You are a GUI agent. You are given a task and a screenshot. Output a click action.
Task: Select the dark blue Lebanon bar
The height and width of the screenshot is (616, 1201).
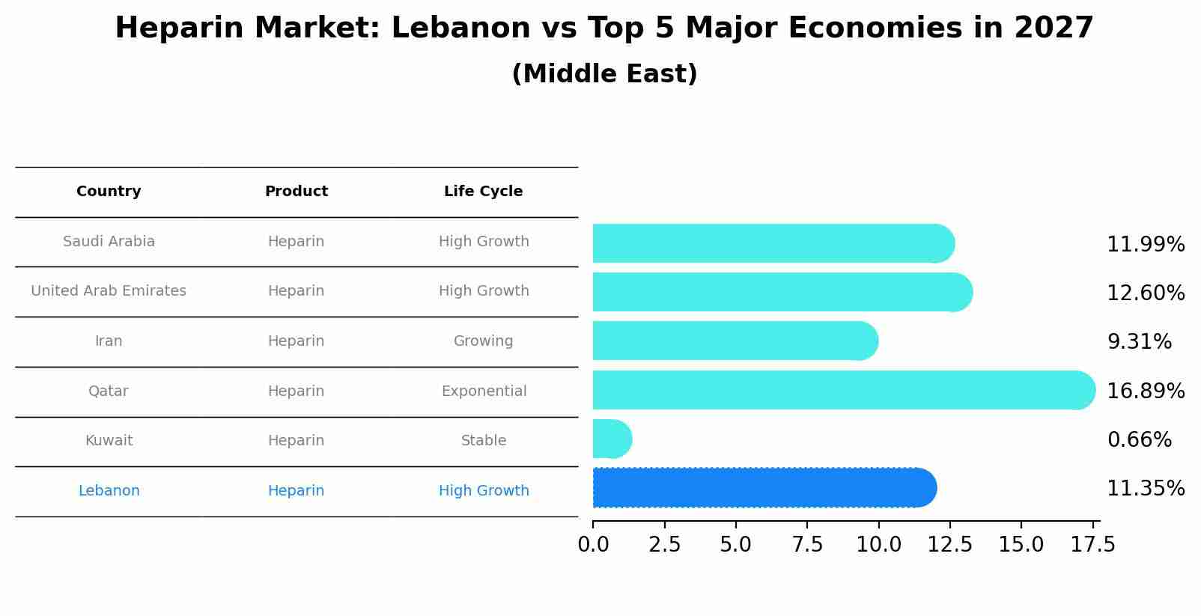click(x=764, y=488)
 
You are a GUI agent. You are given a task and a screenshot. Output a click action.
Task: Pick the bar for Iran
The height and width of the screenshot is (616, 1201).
click(x=734, y=341)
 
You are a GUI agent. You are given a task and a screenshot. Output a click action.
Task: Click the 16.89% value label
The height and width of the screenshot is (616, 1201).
click(x=1145, y=391)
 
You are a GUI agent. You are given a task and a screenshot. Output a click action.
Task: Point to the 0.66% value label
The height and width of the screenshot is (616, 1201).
click(x=1139, y=440)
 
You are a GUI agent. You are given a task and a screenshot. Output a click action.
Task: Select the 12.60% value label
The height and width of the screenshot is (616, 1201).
click(x=1145, y=293)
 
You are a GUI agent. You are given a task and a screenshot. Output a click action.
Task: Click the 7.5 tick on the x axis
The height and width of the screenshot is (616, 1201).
click(x=807, y=545)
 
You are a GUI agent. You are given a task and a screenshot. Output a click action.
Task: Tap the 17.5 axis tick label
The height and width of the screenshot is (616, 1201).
click(x=1092, y=545)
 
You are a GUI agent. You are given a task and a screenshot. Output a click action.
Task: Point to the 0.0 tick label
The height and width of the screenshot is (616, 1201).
click(x=593, y=545)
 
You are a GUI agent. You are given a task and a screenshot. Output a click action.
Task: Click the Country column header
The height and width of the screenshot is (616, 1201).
click(x=109, y=192)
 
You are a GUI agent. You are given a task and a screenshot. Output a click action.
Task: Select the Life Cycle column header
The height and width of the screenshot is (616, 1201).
click(x=483, y=192)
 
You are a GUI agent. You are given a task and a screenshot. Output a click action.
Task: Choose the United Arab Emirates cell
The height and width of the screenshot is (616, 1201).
click(x=109, y=291)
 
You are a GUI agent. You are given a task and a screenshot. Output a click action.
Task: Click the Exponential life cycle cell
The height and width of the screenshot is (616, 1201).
click(x=484, y=391)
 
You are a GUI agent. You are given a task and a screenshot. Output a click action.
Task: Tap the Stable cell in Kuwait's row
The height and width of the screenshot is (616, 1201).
click(x=484, y=441)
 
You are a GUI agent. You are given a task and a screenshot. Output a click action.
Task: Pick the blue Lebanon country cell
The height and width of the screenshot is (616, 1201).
click(x=109, y=491)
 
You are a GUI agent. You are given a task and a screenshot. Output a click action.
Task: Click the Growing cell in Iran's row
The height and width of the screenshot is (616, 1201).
click(x=483, y=341)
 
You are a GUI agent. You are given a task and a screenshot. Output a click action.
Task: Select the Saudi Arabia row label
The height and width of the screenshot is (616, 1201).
click(x=109, y=242)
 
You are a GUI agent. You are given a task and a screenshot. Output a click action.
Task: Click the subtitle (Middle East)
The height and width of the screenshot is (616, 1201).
click(x=604, y=74)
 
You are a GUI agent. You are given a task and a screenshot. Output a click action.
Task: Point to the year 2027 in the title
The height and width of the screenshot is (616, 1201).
click(x=1053, y=28)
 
